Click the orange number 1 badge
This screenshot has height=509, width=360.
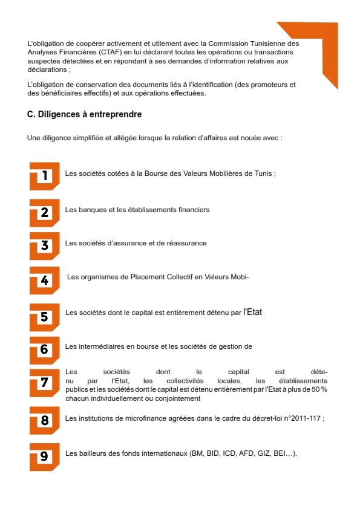(45, 176)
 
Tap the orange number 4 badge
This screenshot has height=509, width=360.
(45, 280)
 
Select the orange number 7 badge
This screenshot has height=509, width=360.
(45, 383)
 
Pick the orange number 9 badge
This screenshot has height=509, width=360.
(45, 457)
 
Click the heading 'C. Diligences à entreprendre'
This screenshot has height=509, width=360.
(85, 114)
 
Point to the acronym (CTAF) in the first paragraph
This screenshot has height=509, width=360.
(110, 52)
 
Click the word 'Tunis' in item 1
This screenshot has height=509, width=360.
(263, 173)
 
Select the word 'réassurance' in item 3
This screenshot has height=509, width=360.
(187, 243)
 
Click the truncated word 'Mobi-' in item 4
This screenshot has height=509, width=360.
(240, 277)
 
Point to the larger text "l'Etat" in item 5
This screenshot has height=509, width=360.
(253, 312)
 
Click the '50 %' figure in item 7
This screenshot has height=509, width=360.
(319, 389)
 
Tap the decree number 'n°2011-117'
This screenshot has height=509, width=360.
(302, 418)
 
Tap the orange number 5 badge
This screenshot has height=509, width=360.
(45, 317)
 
